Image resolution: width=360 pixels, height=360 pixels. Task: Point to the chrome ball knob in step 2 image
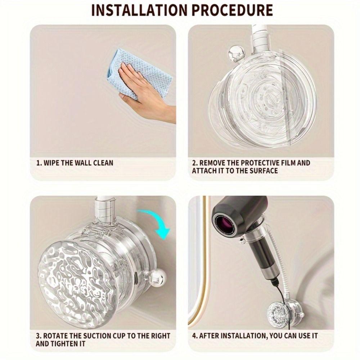pos(235,53)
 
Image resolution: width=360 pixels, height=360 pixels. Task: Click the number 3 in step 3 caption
pos(38,336)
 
